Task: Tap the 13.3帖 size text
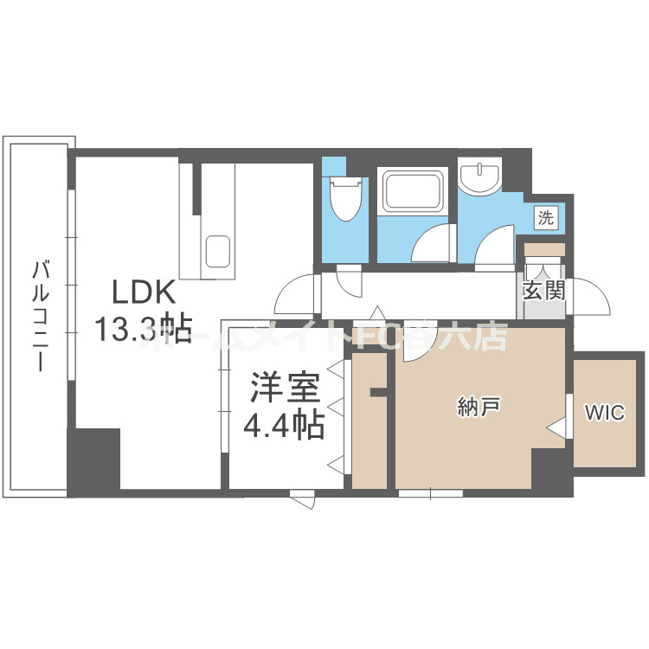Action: coord(143,329)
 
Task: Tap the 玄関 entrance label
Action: coord(543,290)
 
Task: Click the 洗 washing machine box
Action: coord(545,218)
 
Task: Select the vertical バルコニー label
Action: coord(39,315)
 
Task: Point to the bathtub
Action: coord(413,191)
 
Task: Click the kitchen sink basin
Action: coord(217,248)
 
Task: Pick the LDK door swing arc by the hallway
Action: coord(294,296)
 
